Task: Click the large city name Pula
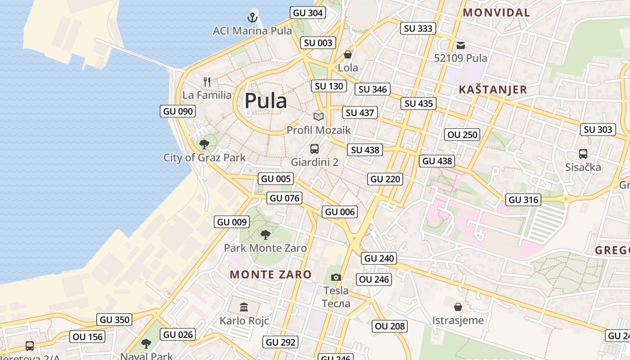(265, 101)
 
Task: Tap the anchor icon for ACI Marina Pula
(252, 18)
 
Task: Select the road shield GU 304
(308, 13)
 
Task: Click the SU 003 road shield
(318, 43)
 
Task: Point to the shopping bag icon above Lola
(348, 55)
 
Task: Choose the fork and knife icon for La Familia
(207, 82)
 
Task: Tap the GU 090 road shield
(178, 112)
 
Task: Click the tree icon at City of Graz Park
(204, 144)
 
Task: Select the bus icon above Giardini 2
(315, 149)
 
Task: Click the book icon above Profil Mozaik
(319, 117)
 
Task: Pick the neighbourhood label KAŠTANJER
(493, 90)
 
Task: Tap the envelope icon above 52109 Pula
(461, 45)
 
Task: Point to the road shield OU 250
(462, 135)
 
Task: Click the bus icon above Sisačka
(583, 154)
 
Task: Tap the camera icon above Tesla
(336, 277)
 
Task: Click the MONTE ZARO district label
(271, 274)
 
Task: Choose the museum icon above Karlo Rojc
(244, 307)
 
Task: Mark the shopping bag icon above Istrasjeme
(458, 307)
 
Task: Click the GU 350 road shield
(115, 320)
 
